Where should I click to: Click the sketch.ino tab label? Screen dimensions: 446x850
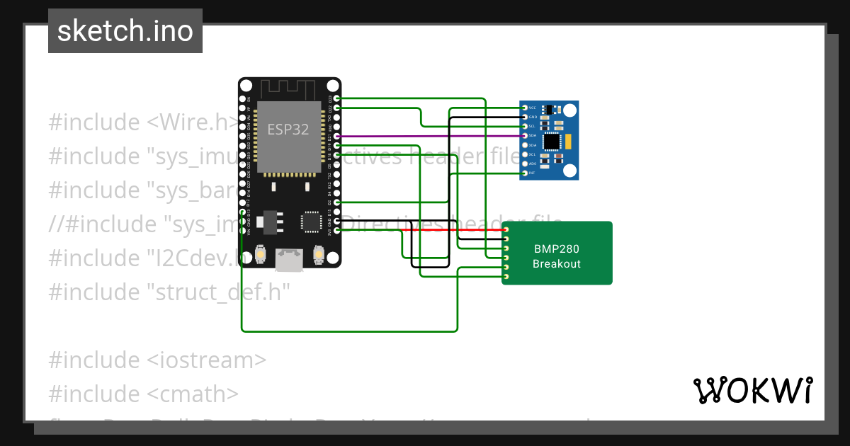[x=125, y=31]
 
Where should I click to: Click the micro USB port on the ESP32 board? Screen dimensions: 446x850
[x=289, y=261]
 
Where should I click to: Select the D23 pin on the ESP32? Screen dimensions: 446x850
[x=336, y=98]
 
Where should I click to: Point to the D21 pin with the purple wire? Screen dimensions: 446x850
[x=336, y=136]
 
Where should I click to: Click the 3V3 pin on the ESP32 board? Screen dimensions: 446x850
[x=336, y=229]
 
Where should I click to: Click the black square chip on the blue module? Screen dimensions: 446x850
[x=551, y=142]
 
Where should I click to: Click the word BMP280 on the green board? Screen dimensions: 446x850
[x=557, y=248]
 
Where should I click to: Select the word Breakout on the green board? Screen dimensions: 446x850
[x=557, y=264]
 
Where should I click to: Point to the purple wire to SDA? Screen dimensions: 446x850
[x=425, y=136]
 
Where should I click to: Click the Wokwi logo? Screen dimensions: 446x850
[x=752, y=390]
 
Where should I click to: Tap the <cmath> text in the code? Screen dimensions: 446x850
[x=193, y=394]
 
